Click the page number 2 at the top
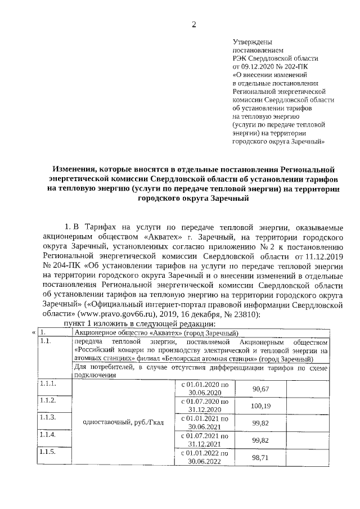(x=194, y=24)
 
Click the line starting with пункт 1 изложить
(x=137, y=324)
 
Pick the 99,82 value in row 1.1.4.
(x=260, y=440)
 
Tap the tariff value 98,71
(x=260, y=458)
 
